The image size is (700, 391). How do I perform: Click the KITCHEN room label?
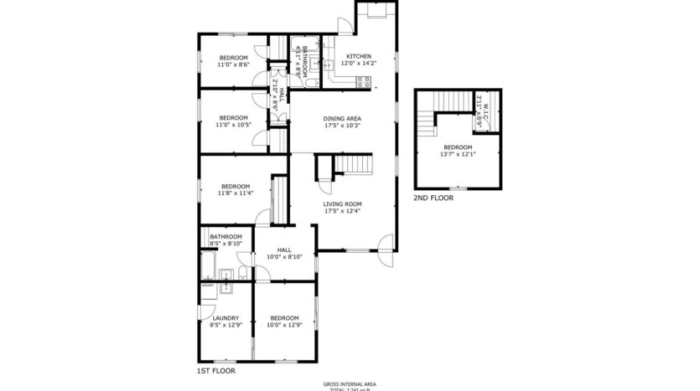(x=358, y=57)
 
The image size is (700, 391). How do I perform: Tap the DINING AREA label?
(x=341, y=118)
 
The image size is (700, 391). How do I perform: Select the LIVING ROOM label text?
(x=342, y=203)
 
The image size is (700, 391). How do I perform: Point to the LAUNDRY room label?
(x=226, y=317)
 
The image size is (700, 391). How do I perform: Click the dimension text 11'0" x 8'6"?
(x=234, y=64)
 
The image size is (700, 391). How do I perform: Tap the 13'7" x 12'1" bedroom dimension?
(x=458, y=154)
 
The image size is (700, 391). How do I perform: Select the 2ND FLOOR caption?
(x=433, y=198)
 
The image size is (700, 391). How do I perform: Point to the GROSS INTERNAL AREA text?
(x=350, y=384)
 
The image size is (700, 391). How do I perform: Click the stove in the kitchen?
(x=364, y=81)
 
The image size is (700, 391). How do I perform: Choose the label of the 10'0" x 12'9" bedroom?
(x=284, y=317)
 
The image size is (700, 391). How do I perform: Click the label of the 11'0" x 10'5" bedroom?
(x=234, y=117)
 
